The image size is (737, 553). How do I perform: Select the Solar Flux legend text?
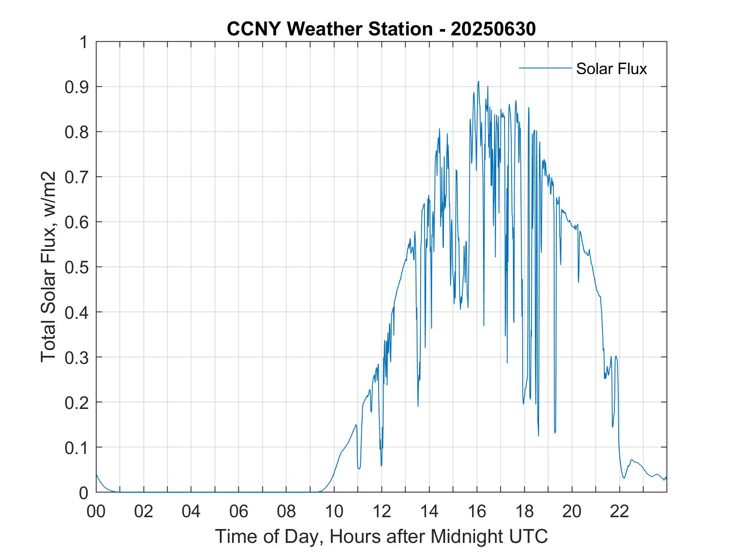click(x=611, y=69)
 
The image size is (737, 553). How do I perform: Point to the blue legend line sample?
click(x=545, y=68)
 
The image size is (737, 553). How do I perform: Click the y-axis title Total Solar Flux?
click(x=49, y=267)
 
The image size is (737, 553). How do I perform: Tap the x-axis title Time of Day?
click(x=381, y=537)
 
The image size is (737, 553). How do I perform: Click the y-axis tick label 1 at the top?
click(x=84, y=42)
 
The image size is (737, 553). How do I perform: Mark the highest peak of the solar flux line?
click(x=478, y=81)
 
